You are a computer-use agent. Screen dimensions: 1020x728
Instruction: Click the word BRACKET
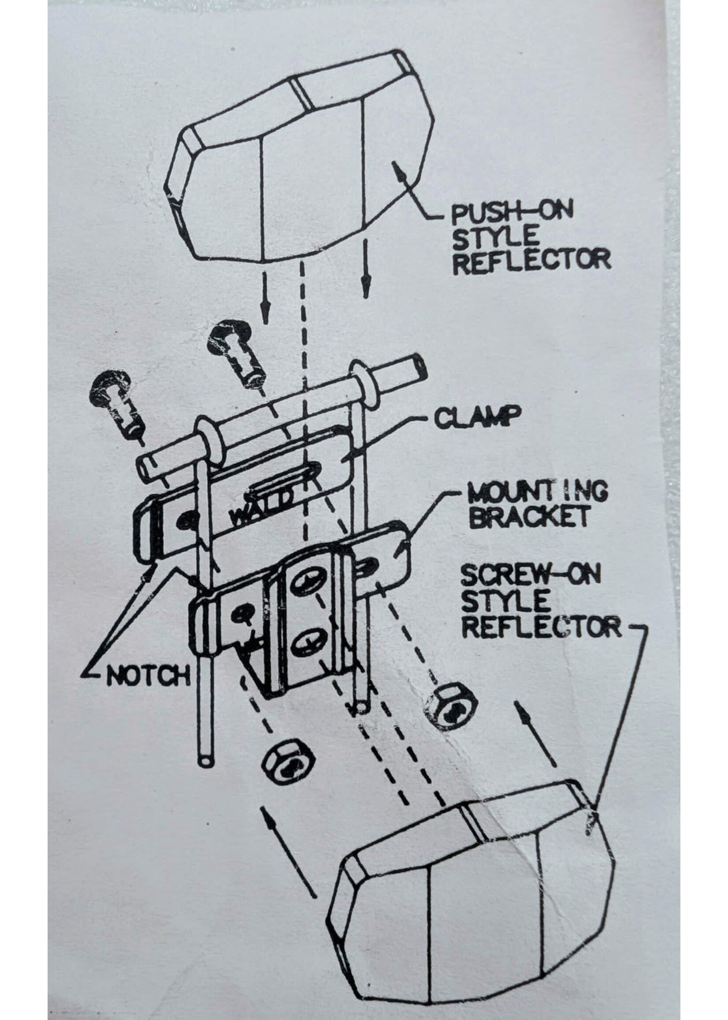click(x=531, y=518)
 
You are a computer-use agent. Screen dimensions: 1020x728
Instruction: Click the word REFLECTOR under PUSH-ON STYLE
click(x=531, y=260)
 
